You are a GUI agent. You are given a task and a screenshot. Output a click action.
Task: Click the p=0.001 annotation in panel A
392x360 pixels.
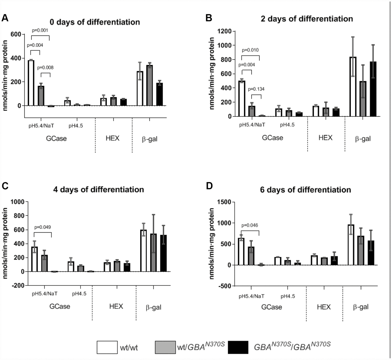[x=40, y=30]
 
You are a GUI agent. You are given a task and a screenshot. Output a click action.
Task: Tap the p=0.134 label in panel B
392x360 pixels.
[x=256, y=89]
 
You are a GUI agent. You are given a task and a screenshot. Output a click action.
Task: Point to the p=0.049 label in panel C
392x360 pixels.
[x=43, y=227]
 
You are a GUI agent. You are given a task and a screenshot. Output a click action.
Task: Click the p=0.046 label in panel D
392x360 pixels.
[x=250, y=225]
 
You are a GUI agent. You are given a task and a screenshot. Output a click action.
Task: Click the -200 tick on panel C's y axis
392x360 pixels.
[x=18, y=285]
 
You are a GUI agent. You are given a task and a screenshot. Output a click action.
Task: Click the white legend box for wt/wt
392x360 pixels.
[x=106, y=347]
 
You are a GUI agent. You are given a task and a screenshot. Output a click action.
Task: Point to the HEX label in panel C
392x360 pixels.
[x=116, y=306]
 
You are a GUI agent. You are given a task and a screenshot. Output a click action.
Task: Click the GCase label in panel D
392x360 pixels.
[x=272, y=307]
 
